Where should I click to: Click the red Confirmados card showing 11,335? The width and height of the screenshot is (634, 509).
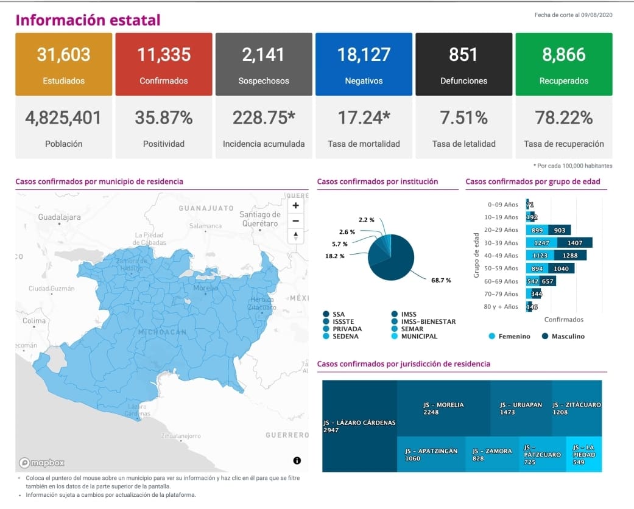[163, 64]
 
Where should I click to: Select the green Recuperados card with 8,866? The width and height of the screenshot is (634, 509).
[563, 64]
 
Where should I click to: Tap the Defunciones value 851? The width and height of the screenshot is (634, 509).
[463, 55]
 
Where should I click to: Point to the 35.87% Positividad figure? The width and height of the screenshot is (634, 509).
[164, 118]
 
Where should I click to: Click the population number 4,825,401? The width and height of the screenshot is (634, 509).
[63, 118]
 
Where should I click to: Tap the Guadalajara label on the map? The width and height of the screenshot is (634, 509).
[60, 217]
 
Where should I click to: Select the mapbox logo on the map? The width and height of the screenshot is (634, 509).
[41, 462]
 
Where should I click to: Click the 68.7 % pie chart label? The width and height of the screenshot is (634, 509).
[440, 280]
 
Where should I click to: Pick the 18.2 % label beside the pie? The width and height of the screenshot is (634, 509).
[334, 256]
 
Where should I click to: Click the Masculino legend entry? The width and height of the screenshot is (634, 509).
[563, 336]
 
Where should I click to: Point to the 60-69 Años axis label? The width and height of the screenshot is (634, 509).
[502, 281]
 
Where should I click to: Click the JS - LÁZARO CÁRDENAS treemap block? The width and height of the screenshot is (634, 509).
[359, 426]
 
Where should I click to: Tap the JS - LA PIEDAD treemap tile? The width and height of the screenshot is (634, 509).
[583, 454]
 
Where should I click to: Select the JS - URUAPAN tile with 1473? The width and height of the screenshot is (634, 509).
[520, 408]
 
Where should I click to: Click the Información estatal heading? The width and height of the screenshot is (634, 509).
[88, 20]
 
